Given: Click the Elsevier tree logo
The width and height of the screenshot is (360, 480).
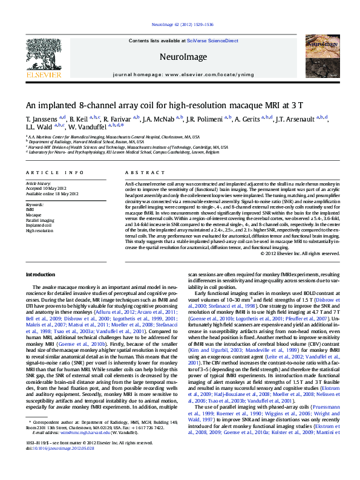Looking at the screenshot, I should tap(44, 58).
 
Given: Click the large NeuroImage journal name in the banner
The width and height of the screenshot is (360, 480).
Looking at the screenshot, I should tap(180, 57).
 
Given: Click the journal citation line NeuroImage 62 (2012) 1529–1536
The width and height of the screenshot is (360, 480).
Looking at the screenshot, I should tap(180, 25).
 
